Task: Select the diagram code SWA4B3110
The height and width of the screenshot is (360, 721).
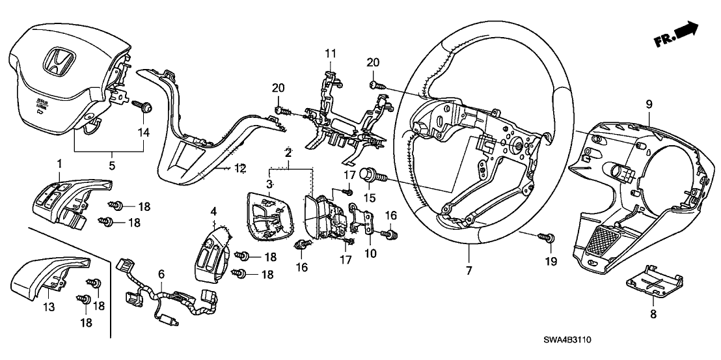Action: click(573, 340)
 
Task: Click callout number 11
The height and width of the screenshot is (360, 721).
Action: click(331, 52)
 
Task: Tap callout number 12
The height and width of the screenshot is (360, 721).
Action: click(241, 168)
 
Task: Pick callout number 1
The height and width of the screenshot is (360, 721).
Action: click(60, 161)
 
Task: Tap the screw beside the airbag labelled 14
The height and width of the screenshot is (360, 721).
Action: click(142, 105)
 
